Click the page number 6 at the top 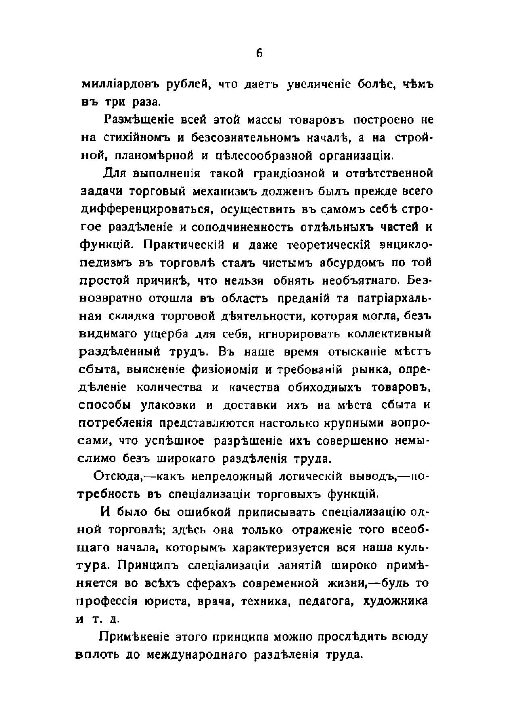click(259, 53)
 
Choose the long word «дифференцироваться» click(144, 210)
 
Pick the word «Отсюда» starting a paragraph click(117, 476)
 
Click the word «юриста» click(166, 601)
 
